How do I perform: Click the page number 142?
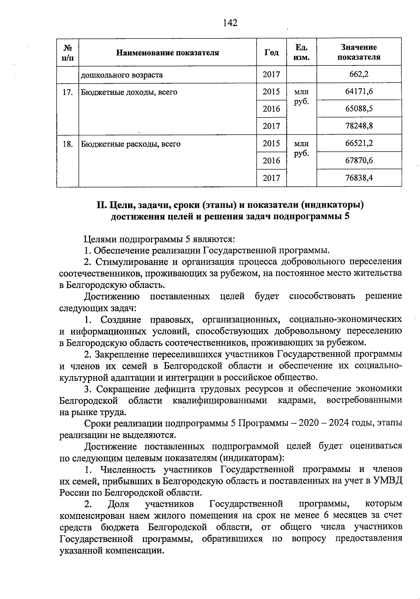[x=230, y=23]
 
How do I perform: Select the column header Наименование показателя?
[x=167, y=53]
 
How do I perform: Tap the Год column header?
[x=271, y=52]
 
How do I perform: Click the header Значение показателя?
[x=359, y=52]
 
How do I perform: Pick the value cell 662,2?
[x=359, y=75]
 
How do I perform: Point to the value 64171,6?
[x=359, y=92]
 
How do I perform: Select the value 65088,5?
[x=359, y=109]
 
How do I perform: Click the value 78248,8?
[x=359, y=126]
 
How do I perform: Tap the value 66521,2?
[x=359, y=143]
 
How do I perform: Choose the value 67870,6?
[x=359, y=161]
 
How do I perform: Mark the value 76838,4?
[x=359, y=178]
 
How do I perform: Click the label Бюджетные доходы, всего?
[x=129, y=92]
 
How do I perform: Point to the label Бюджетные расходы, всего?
[x=131, y=144]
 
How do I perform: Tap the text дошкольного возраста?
[x=122, y=75]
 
